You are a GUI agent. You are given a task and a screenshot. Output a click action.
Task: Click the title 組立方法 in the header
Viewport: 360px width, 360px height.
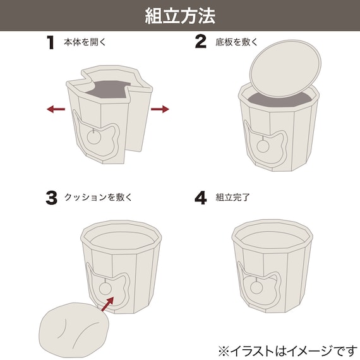[180, 15]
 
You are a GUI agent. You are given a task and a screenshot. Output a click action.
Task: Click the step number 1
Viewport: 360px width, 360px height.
[51, 42]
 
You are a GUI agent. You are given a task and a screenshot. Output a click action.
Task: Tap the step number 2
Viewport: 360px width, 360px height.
[200, 42]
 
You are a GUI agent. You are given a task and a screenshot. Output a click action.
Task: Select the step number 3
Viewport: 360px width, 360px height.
[51, 198]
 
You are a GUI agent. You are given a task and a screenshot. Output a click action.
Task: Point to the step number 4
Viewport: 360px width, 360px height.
[200, 198]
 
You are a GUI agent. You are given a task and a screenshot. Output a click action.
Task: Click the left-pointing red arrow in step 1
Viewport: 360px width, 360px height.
[56, 109]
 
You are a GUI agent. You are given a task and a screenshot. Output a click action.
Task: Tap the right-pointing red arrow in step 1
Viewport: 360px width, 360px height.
[160, 109]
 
